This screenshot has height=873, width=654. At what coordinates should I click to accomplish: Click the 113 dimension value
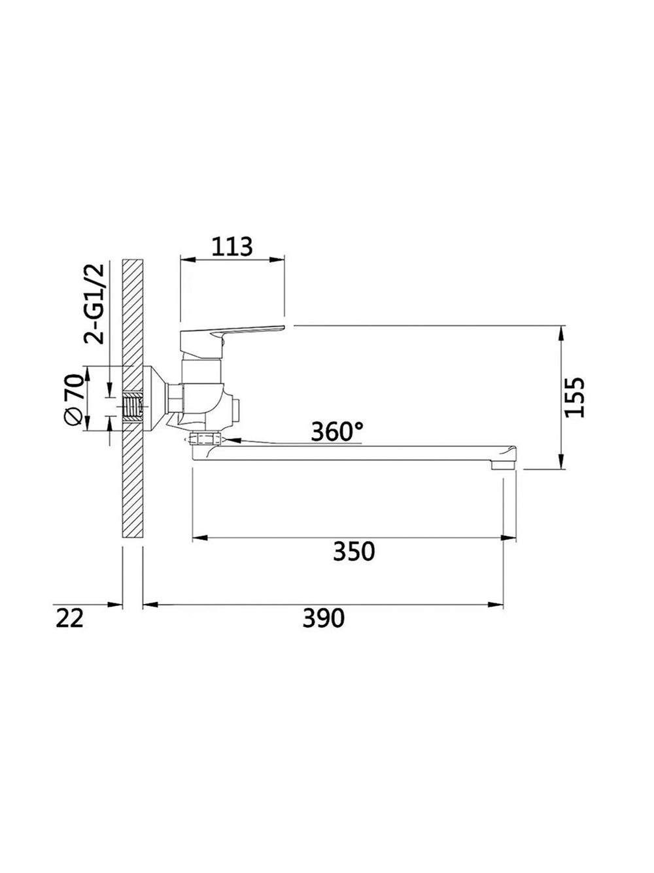(232, 247)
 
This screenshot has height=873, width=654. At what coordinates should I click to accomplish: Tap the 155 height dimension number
(575, 397)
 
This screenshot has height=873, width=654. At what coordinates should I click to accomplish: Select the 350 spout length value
(354, 551)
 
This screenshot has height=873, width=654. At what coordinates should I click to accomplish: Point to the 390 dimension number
(324, 618)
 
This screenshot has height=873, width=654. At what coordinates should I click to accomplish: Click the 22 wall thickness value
(69, 618)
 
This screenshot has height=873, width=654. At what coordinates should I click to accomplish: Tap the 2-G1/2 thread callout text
(94, 304)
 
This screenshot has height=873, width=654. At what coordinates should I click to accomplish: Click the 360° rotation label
(337, 431)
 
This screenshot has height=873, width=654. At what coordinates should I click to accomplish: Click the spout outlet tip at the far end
(504, 464)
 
